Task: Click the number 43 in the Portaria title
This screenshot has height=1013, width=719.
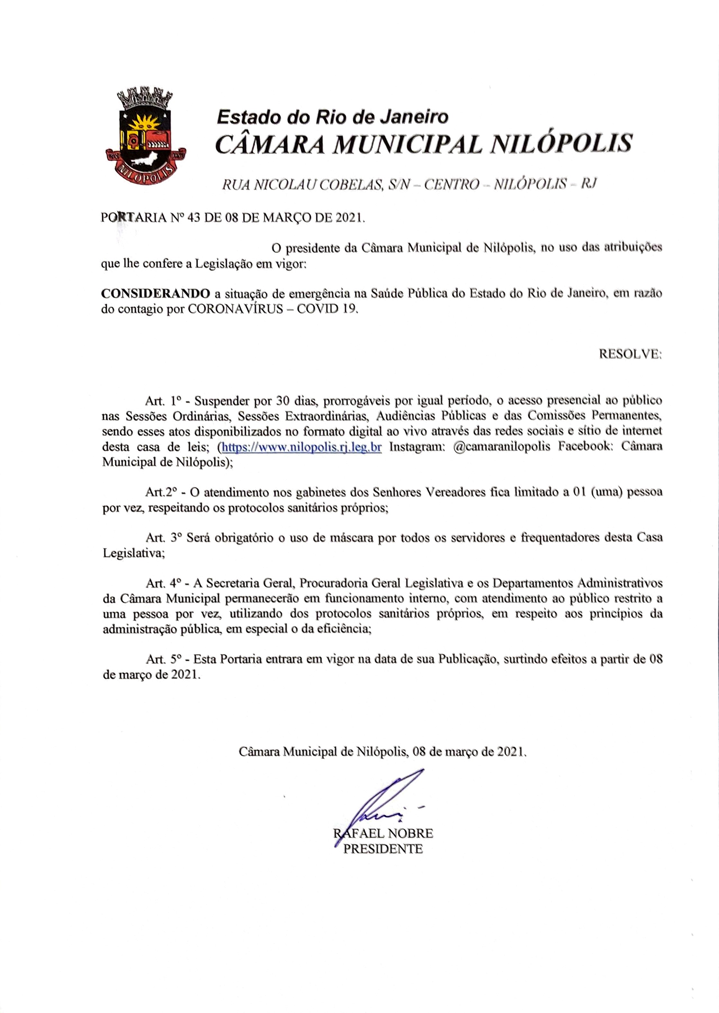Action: click(194, 218)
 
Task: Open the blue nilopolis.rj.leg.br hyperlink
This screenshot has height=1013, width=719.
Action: click(301, 447)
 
